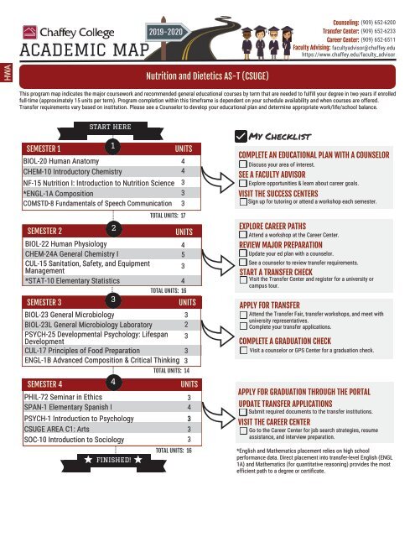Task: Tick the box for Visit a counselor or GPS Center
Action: pyautogui.click(x=242, y=350)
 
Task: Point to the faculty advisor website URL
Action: pyautogui.click(x=361, y=55)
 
